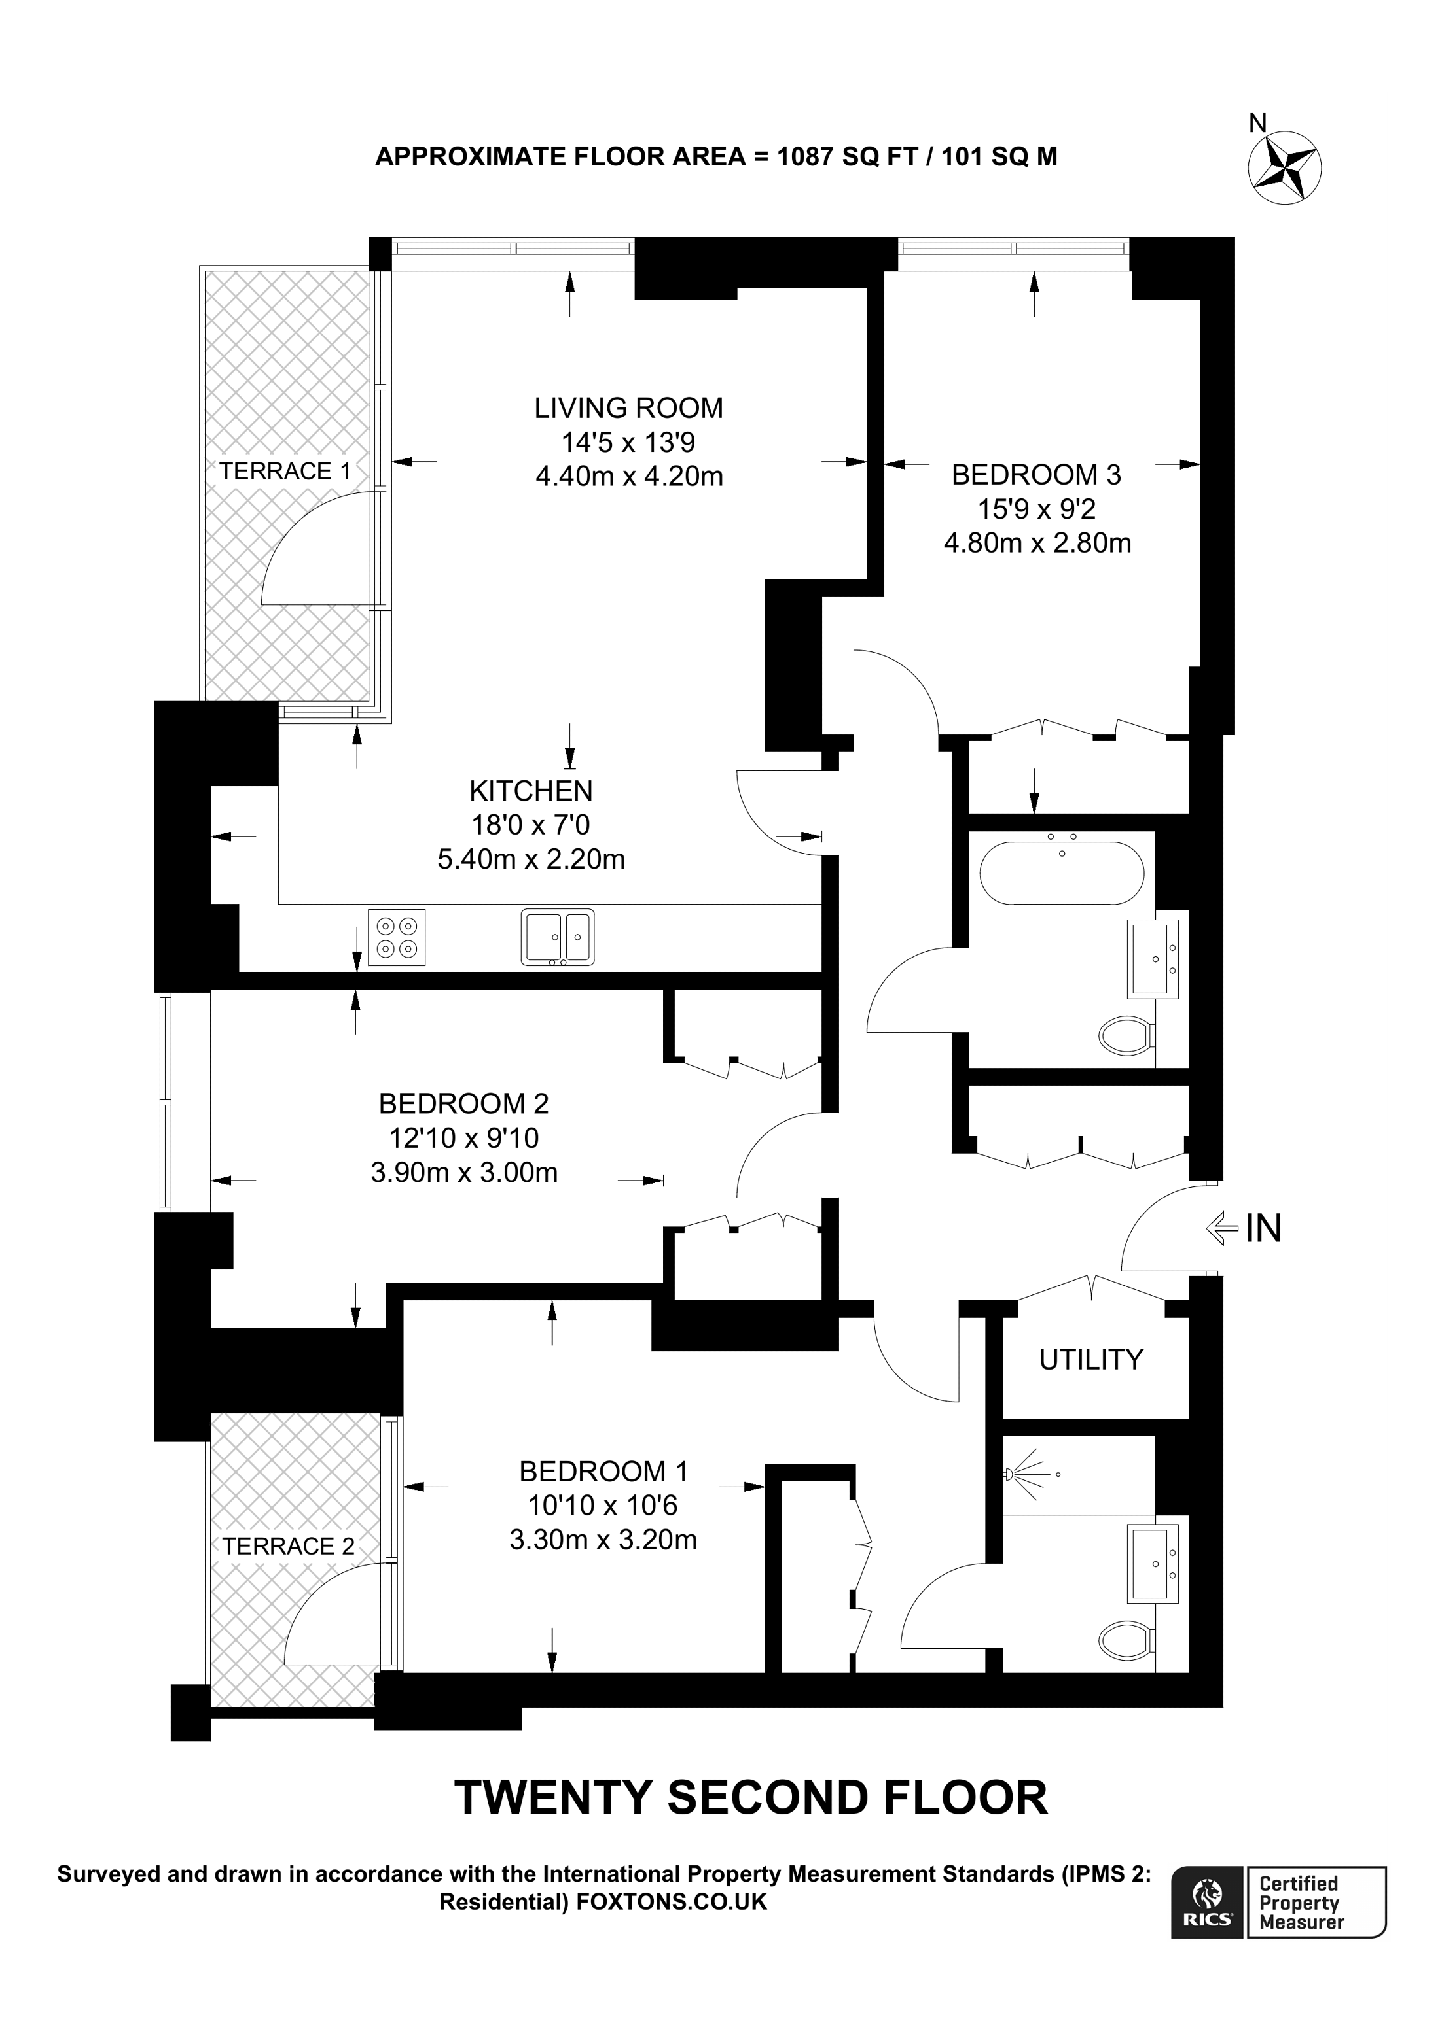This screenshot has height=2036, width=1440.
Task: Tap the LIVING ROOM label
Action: click(x=628, y=408)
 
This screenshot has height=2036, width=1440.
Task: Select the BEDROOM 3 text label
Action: click(x=1035, y=475)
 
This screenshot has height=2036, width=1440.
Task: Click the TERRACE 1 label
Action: click(x=285, y=472)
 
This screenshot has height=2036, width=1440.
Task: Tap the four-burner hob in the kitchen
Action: click(x=397, y=937)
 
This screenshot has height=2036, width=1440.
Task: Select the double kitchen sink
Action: click(x=557, y=937)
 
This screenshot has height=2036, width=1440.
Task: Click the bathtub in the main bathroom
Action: click(x=1061, y=872)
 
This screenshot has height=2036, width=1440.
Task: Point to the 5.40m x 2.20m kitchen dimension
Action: click(x=531, y=859)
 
